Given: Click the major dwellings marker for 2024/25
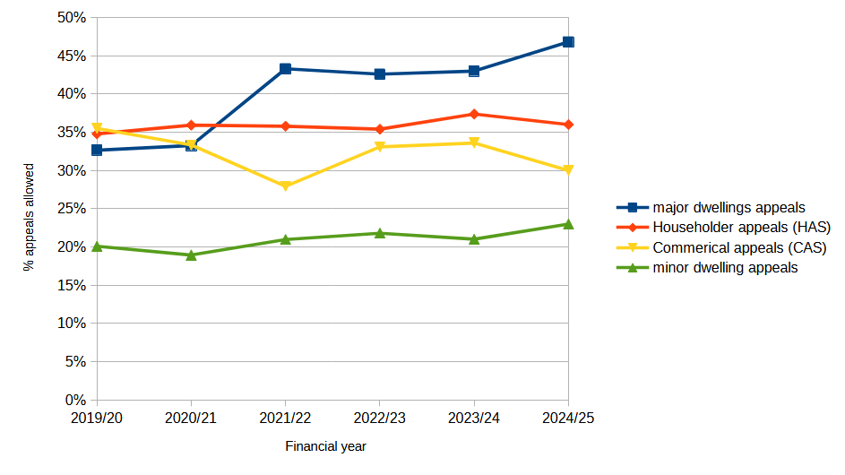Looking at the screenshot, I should pyautogui.click(x=568, y=42).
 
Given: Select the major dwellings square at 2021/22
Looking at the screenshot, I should pyautogui.click(x=285, y=69).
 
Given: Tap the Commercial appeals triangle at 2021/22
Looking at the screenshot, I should pyautogui.click(x=285, y=186).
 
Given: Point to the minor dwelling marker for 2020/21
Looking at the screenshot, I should pyautogui.click(x=191, y=255).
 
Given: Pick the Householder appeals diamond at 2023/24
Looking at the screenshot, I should pyautogui.click(x=474, y=114).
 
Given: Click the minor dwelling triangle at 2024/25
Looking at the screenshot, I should pyautogui.click(x=568, y=223).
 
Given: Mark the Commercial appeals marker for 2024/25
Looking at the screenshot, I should pyautogui.click(x=568, y=170).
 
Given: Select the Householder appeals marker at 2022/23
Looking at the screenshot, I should pyautogui.click(x=380, y=129).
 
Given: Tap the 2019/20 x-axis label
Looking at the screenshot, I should pyautogui.click(x=97, y=418).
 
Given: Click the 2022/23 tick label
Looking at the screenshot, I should pyautogui.click(x=380, y=418).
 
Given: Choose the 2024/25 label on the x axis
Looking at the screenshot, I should pyautogui.click(x=568, y=418).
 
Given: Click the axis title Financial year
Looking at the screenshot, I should pyautogui.click(x=325, y=446).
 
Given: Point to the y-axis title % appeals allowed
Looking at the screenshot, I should pyautogui.click(x=29, y=217).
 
